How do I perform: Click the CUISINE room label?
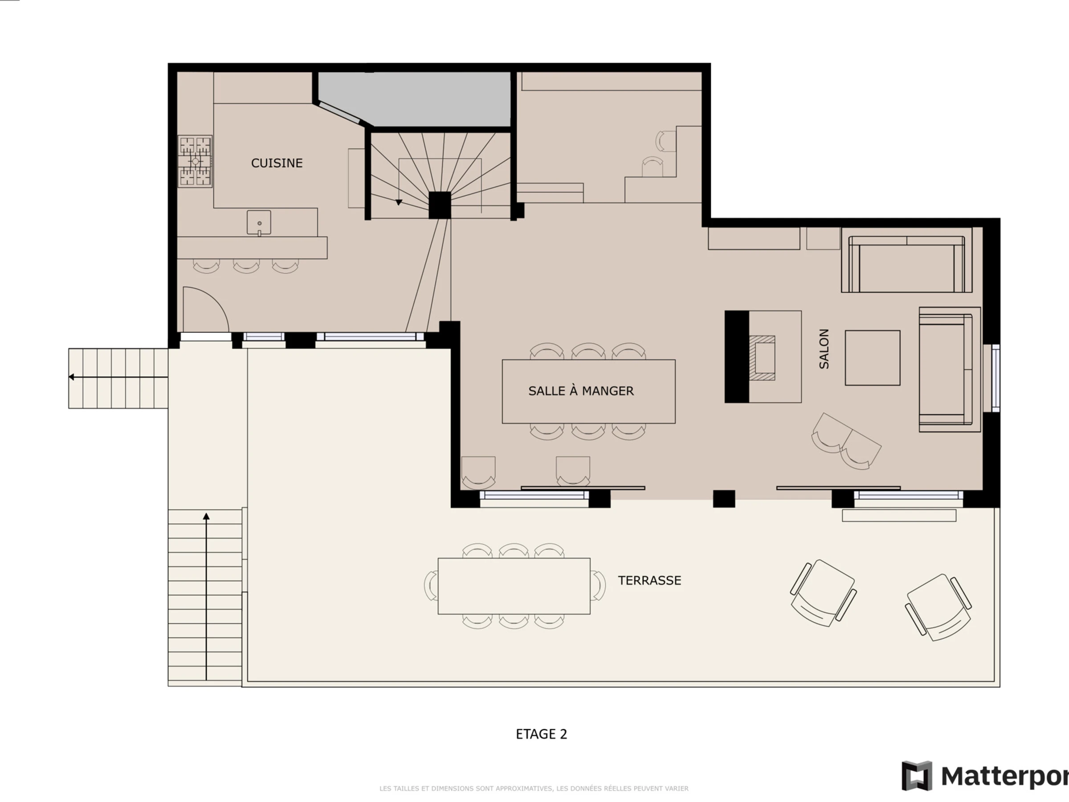pyautogui.click(x=277, y=163)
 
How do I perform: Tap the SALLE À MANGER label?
pyautogui.click(x=581, y=391)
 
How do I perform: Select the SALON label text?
pyautogui.click(x=824, y=349)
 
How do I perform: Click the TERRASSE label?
pyautogui.click(x=649, y=580)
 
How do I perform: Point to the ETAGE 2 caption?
pyautogui.click(x=541, y=734)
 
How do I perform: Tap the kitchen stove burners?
pyautogui.click(x=195, y=161)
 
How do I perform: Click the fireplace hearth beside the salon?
pyautogui.click(x=762, y=358)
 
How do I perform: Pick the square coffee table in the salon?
pyautogui.click(x=872, y=358)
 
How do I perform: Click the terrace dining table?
pyautogui.click(x=514, y=586)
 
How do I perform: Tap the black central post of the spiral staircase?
pyautogui.click(x=440, y=205)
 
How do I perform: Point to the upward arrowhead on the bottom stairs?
pyautogui.click(x=206, y=516)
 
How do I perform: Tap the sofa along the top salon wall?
pyautogui.click(x=906, y=264)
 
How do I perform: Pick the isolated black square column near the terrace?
pyautogui.click(x=724, y=499)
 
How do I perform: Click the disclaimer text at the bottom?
pyautogui.click(x=534, y=789)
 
